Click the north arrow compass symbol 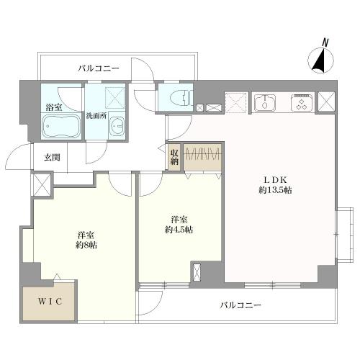[320, 60]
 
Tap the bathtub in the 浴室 [61, 126]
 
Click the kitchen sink [265, 103]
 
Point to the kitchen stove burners [302, 103]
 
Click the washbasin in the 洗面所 [117, 126]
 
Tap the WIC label [50, 302]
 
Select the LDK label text [275, 179]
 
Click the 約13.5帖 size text [275, 190]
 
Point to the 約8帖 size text [86, 245]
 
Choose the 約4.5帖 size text [179, 230]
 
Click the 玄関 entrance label [52, 158]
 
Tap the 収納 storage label [174, 157]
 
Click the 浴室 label [54, 107]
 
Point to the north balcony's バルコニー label [99, 68]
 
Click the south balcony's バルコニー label [240, 305]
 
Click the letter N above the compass [325, 42]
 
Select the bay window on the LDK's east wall [344, 234]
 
